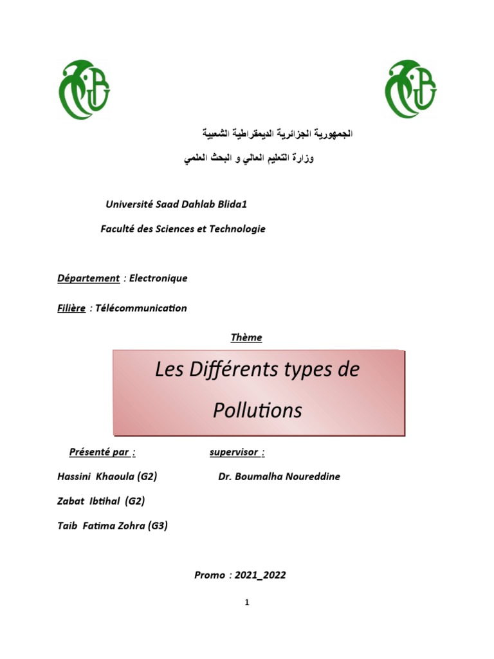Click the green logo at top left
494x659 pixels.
84,89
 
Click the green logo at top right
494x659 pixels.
410,89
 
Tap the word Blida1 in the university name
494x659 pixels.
229,204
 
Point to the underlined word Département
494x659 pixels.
88,278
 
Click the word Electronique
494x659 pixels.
158,278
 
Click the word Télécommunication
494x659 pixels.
141,308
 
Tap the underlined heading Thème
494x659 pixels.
246,337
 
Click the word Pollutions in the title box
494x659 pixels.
257,410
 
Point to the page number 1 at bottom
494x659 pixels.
246,602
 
